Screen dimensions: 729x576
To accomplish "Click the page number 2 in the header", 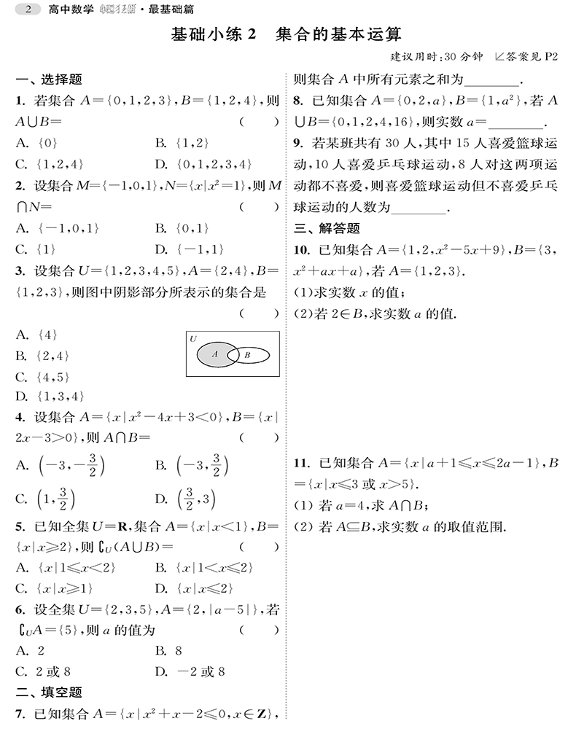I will click(28, 9).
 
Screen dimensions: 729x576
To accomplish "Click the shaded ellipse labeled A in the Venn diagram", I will click(212, 354).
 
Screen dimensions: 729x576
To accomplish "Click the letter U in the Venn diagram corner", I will click(192, 339).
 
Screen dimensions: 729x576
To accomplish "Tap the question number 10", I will click(301, 251).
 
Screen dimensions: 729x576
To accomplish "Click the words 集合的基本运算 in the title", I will click(340, 34).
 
